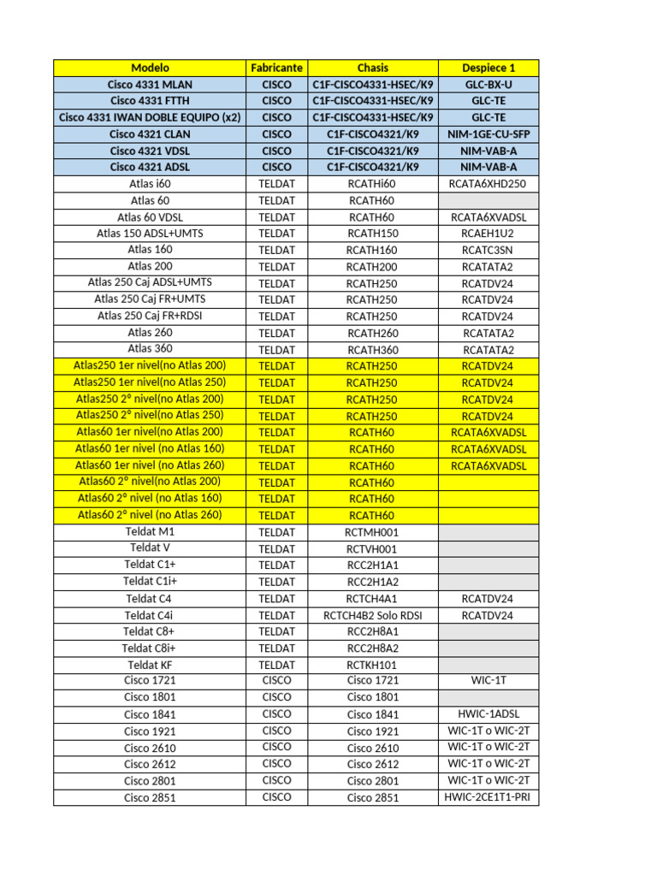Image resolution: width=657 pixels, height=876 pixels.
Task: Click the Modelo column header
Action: [x=150, y=68]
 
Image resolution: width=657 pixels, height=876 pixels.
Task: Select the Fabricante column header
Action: [x=276, y=68]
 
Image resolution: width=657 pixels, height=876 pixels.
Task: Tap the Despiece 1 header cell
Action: [x=488, y=68]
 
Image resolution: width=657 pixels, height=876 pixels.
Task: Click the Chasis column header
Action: [x=373, y=68]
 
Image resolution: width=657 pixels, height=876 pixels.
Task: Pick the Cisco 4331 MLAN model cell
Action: [x=150, y=85]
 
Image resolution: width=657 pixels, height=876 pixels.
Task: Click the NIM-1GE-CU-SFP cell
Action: [x=488, y=134]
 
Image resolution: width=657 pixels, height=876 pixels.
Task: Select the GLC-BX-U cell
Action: [x=488, y=85]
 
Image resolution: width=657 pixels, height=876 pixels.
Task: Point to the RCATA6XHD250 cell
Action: [x=488, y=184]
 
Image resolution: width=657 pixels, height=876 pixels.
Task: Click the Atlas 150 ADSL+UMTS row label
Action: [x=150, y=234]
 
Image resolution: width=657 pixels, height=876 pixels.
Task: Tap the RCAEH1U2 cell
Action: [x=488, y=234]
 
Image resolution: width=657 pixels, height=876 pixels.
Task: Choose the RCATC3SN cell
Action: [x=488, y=250]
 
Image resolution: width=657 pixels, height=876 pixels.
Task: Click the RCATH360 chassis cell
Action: [x=373, y=350]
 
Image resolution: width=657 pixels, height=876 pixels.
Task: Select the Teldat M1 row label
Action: [x=150, y=532]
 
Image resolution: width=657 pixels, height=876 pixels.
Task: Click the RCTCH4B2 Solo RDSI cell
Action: [x=373, y=615]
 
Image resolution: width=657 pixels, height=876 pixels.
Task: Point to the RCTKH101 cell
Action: [x=373, y=665]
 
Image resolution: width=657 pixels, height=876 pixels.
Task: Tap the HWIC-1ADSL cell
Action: [x=488, y=714]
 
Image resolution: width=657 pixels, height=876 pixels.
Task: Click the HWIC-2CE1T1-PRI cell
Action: [x=488, y=797]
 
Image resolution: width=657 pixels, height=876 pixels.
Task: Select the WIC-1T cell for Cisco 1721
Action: [x=488, y=681]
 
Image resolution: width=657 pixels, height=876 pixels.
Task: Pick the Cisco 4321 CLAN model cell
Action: [x=150, y=134]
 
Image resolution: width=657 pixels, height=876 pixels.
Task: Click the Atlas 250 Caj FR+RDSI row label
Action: [x=150, y=317]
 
